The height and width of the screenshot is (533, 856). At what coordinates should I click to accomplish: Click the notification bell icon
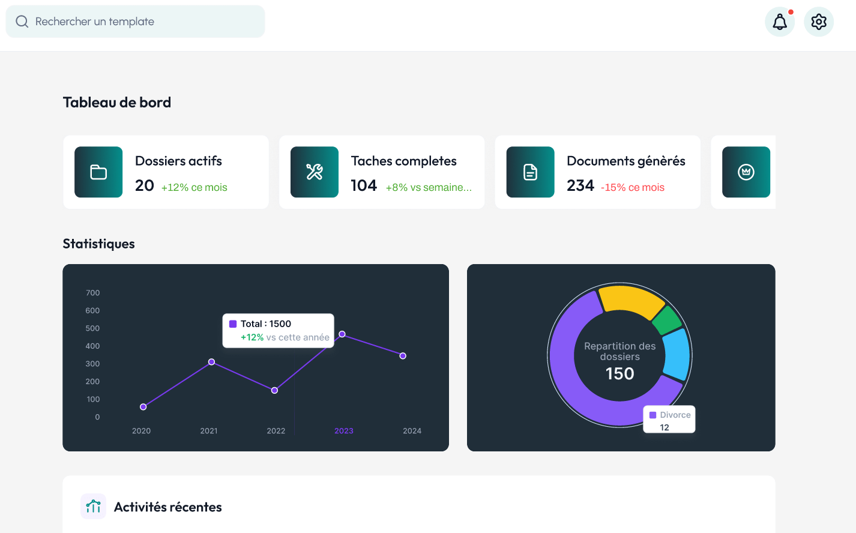click(780, 22)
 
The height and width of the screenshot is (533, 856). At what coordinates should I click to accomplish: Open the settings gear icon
click(819, 22)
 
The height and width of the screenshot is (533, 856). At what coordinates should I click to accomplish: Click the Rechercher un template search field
click(135, 22)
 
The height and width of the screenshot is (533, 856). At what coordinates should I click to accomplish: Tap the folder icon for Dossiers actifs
click(98, 172)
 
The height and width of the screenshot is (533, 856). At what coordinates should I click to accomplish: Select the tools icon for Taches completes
click(315, 172)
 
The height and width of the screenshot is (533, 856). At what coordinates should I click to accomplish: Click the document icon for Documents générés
click(530, 172)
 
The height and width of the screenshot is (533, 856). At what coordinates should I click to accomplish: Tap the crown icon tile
click(746, 172)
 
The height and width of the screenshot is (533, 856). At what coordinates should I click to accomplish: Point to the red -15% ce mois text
click(633, 187)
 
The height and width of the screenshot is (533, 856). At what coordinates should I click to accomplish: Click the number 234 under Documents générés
click(580, 186)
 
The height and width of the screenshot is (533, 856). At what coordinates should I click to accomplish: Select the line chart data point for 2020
click(143, 407)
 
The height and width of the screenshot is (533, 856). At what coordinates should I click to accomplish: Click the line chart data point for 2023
click(342, 334)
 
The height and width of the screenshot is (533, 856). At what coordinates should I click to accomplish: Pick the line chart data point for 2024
click(403, 356)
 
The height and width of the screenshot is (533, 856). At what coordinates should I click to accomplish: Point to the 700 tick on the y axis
click(93, 293)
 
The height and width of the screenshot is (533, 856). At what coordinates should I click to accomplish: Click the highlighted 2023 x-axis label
click(343, 431)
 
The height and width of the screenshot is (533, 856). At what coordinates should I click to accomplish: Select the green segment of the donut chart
click(666, 321)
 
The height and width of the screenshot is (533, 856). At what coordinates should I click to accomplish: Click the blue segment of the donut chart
click(677, 354)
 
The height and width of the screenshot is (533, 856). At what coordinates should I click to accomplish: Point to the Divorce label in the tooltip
click(675, 415)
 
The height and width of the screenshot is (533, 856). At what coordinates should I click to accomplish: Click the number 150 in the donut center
click(619, 374)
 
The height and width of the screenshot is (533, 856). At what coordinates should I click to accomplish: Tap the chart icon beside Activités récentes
click(94, 507)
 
